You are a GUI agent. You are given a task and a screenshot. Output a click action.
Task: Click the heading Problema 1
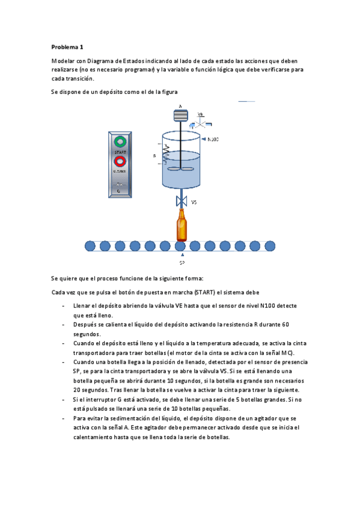pos(67,46)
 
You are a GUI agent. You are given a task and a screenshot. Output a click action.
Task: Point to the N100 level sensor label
pos(213,140)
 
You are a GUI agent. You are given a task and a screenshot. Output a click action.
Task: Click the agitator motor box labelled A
pos(180,115)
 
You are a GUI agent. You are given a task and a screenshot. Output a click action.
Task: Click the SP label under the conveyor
pos(182,263)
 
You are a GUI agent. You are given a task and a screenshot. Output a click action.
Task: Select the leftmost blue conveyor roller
pos(90,245)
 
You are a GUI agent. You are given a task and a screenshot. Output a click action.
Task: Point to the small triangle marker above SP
pos(182,255)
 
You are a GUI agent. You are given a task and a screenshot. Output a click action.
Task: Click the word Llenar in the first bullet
pos(82,306)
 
